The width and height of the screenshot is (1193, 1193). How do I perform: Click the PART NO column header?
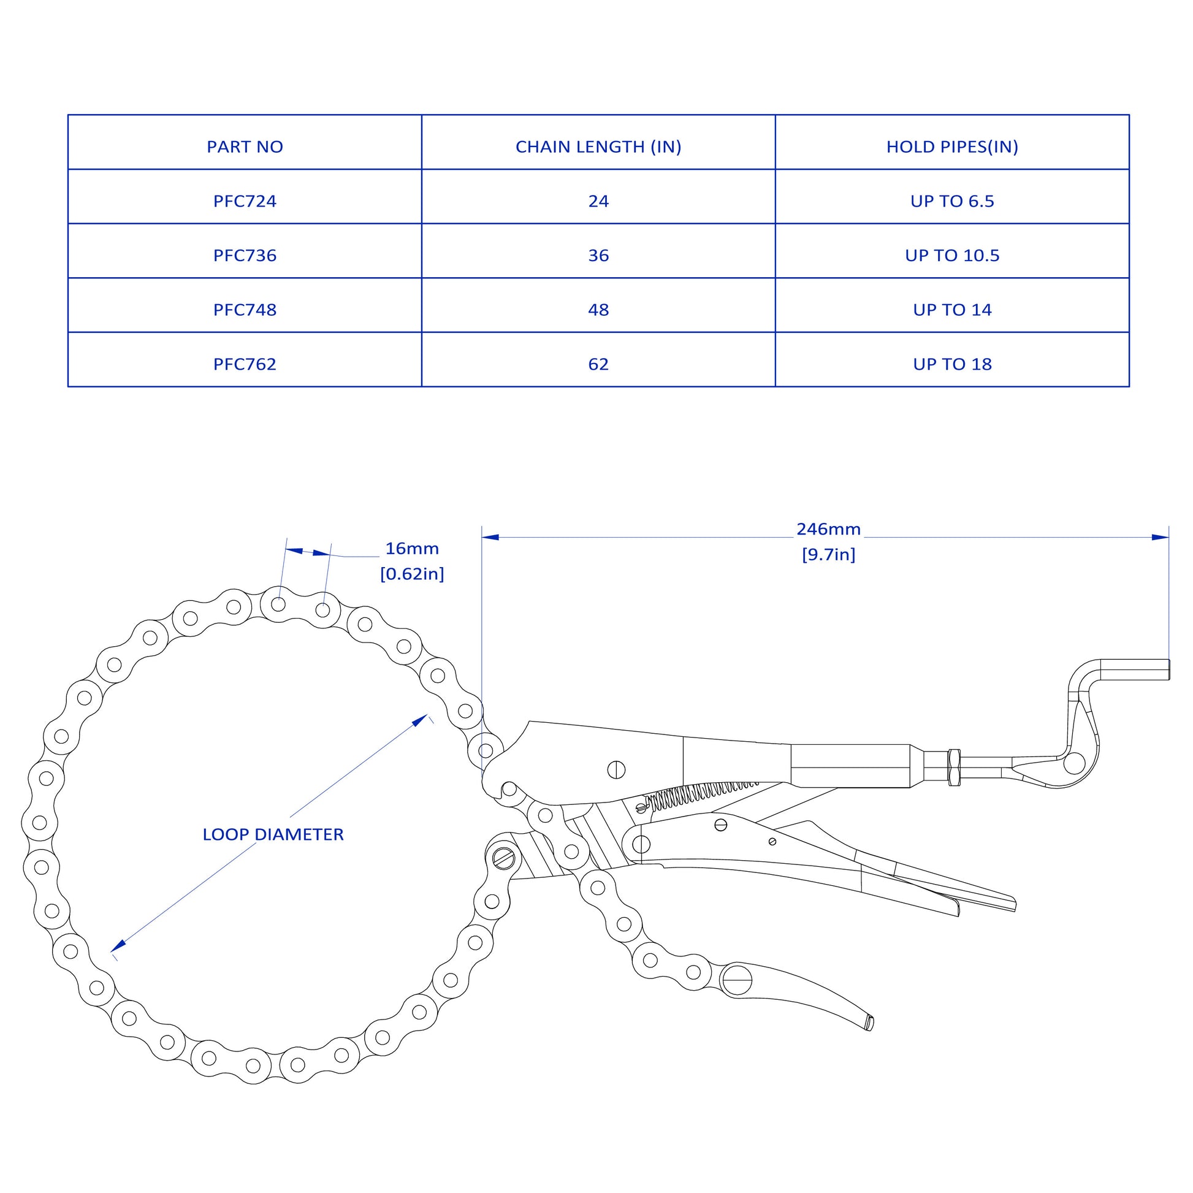[245, 147]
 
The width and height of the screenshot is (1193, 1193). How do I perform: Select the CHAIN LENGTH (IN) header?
[598, 147]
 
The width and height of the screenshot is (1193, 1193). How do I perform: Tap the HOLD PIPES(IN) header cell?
[952, 147]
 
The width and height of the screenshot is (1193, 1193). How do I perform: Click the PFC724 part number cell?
[245, 201]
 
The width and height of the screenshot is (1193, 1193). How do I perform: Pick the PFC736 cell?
[245, 256]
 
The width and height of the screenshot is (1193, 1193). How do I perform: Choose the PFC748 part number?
[245, 310]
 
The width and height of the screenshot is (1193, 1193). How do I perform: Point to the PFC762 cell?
[245, 364]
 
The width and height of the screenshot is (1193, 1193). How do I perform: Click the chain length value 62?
[598, 364]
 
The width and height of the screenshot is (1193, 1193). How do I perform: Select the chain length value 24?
[598, 201]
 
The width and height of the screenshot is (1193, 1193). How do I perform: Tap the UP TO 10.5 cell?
[952, 256]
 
